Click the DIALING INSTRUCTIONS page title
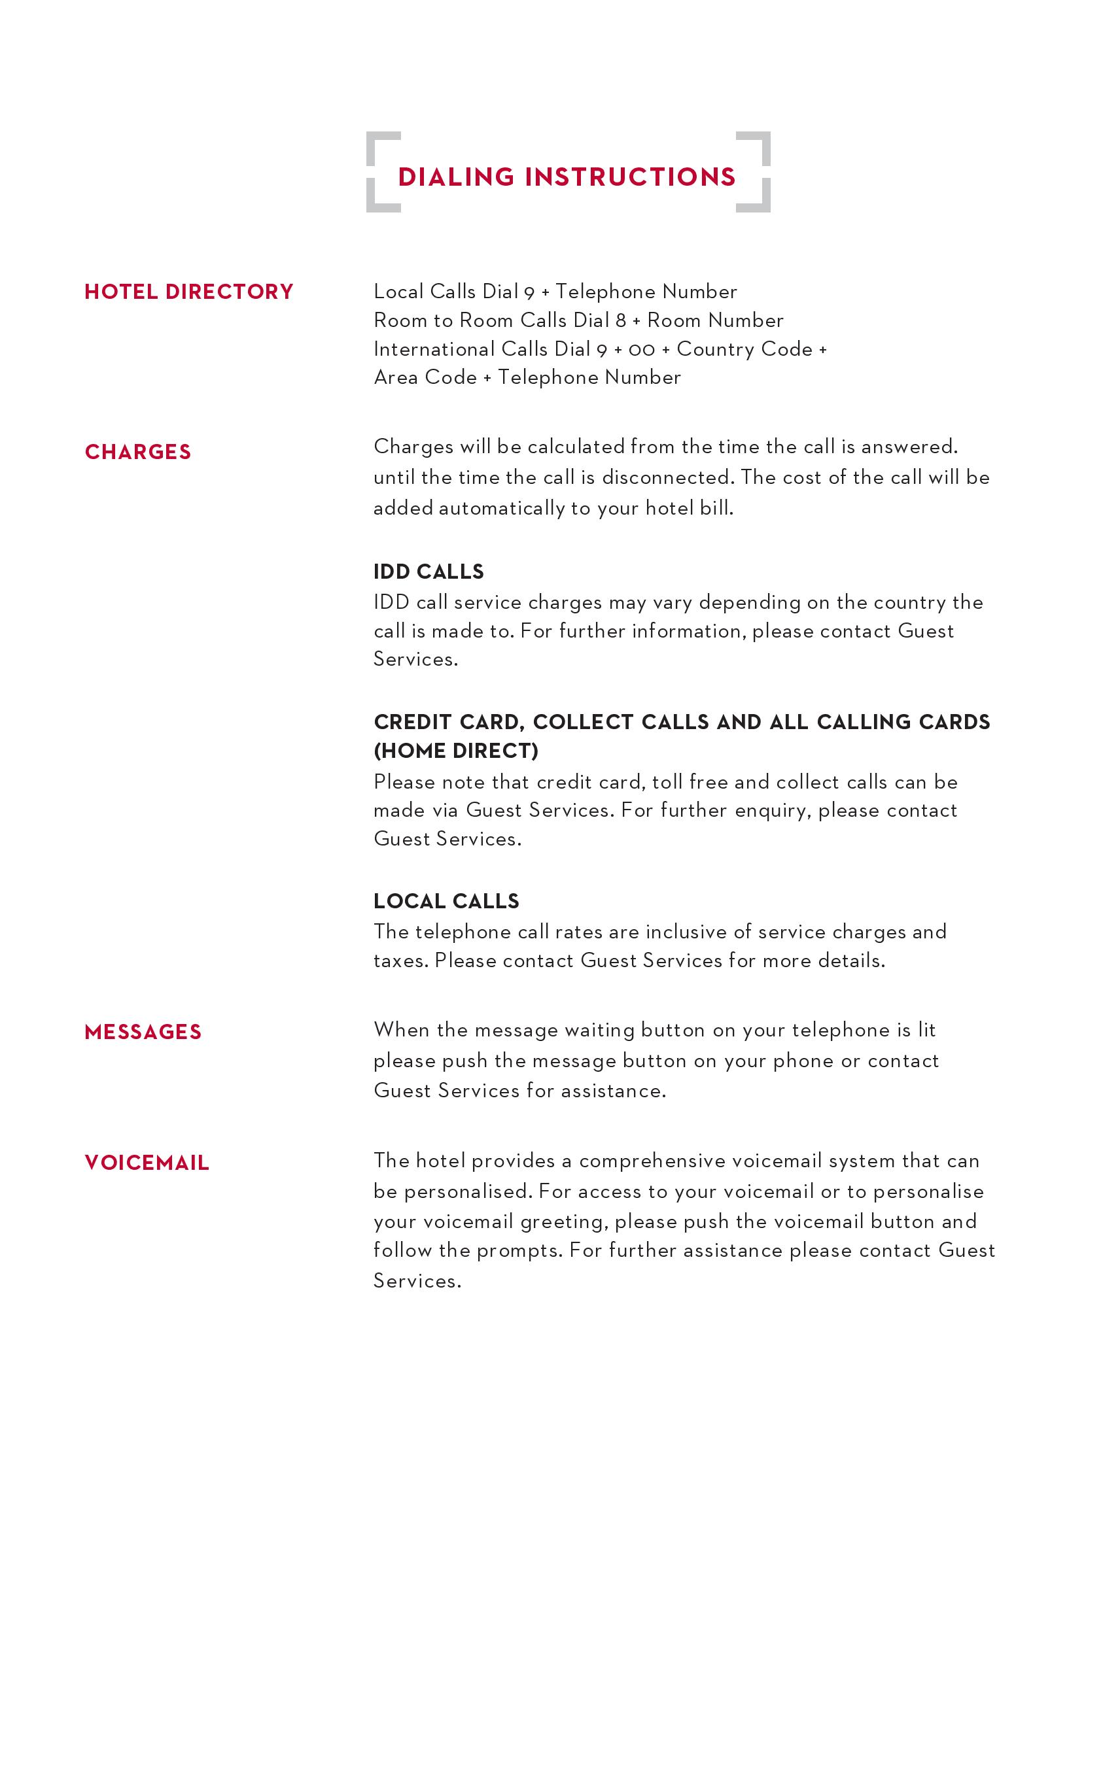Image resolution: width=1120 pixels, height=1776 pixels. coord(567,177)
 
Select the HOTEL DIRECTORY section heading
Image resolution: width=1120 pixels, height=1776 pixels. coord(189,292)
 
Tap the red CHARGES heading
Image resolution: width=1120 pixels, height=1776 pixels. coord(138,452)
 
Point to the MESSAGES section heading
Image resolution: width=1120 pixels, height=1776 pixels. coord(143,1032)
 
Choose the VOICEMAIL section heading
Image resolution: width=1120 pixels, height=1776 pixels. coord(147,1163)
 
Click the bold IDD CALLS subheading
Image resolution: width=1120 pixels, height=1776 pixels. coord(429,572)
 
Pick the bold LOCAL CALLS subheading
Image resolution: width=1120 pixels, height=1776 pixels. coord(446,901)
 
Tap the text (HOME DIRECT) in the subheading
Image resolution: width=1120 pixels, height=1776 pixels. coord(456,751)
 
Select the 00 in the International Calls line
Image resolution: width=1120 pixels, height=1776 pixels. coord(641,350)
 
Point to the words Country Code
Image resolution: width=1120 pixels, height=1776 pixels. coord(744,349)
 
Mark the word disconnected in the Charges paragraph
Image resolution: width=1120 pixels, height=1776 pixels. coord(668,478)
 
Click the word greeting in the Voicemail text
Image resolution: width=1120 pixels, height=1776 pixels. coord(565,1222)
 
